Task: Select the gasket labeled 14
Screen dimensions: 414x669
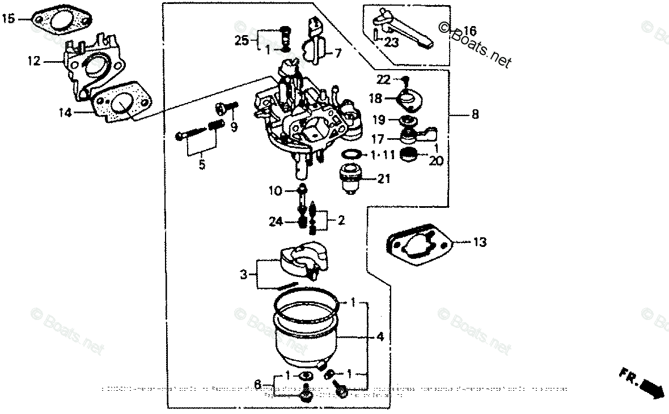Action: point(121,105)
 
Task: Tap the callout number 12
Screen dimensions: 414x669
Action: point(34,61)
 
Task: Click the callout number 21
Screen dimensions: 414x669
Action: point(384,180)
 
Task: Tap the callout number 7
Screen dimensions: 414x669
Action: point(338,54)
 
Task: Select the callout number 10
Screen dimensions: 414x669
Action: point(275,191)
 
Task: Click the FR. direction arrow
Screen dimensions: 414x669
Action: point(643,386)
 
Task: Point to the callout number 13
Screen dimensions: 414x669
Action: point(480,242)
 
